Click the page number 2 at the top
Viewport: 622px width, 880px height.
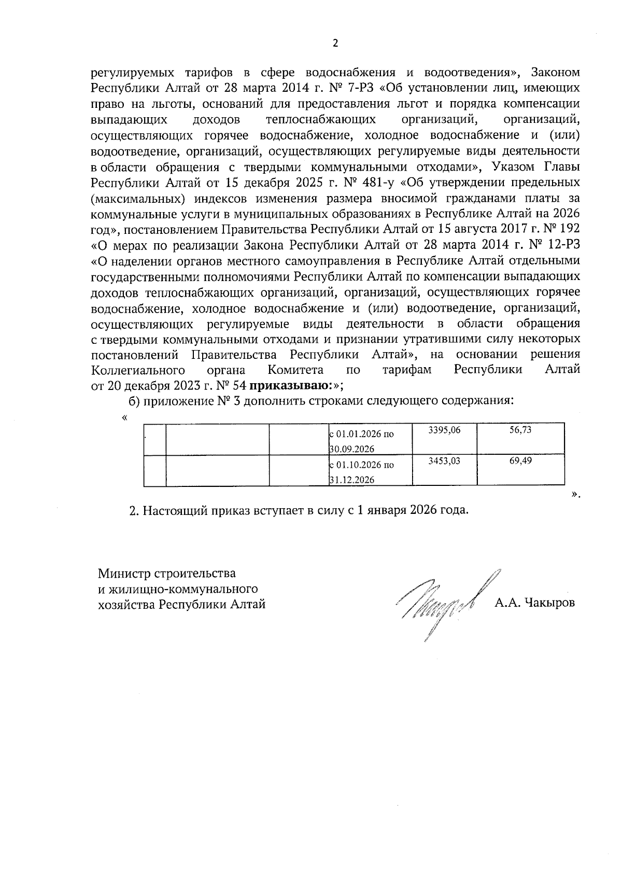click(x=335, y=44)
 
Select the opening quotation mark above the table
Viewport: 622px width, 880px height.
click(x=124, y=417)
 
